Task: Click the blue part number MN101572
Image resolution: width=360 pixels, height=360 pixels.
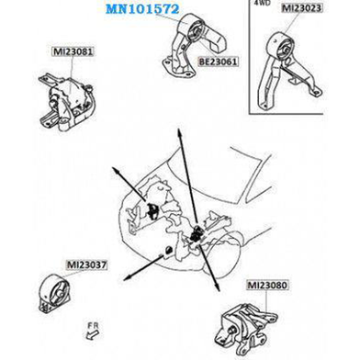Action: [142, 9]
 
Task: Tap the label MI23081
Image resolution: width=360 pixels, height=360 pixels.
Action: [73, 51]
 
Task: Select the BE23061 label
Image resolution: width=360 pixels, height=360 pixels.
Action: [218, 62]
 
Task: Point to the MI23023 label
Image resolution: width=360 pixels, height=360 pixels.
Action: [302, 8]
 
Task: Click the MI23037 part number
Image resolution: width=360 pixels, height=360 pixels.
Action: [87, 264]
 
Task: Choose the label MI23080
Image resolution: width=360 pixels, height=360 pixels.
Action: [267, 286]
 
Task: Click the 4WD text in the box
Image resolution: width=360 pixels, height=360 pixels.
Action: [261, 3]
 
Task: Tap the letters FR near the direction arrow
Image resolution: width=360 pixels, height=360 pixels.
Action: [93, 326]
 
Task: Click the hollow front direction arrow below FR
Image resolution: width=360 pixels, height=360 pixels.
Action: [92, 336]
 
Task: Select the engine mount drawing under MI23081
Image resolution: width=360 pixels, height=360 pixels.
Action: [67, 102]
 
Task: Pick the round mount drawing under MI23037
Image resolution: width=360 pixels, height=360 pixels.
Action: [55, 293]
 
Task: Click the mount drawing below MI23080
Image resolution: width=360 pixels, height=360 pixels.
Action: [246, 329]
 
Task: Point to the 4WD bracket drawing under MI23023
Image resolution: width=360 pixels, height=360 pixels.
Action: [287, 71]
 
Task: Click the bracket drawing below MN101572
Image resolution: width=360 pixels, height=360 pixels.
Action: [194, 48]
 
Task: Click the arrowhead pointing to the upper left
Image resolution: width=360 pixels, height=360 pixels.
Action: [117, 171]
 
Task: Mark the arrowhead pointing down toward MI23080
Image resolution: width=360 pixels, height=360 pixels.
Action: [218, 287]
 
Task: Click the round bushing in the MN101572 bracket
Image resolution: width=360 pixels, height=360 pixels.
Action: [195, 31]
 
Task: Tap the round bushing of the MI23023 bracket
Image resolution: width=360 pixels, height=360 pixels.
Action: [284, 50]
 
